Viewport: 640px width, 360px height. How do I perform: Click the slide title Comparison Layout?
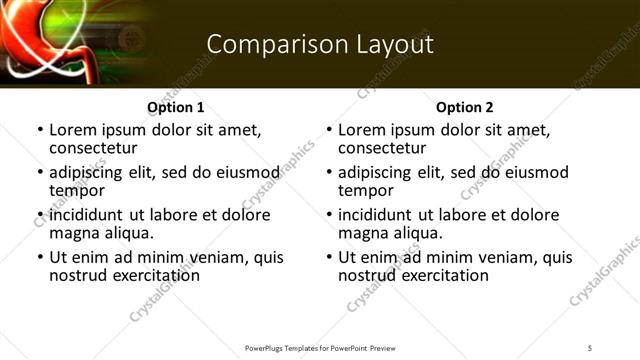[x=320, y=44]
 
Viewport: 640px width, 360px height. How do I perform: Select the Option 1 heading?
[x=176, y=107]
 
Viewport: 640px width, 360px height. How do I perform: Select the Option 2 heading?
[x=465, y=107]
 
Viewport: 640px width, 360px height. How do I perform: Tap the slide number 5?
[x=591, y=347]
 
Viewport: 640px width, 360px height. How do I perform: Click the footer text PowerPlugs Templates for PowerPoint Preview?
[x=319, y=347]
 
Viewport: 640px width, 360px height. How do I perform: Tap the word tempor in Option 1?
[x=76, y=190]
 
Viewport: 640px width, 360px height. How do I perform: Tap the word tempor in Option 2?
[x=365, y=190]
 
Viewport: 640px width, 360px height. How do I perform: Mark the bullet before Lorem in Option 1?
[x=39, y=131]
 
